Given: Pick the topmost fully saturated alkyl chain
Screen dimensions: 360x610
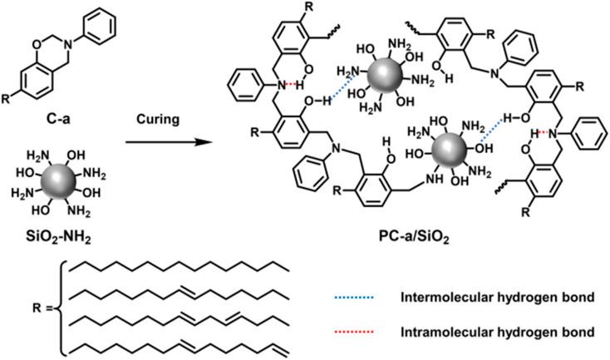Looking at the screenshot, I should point(179,269).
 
